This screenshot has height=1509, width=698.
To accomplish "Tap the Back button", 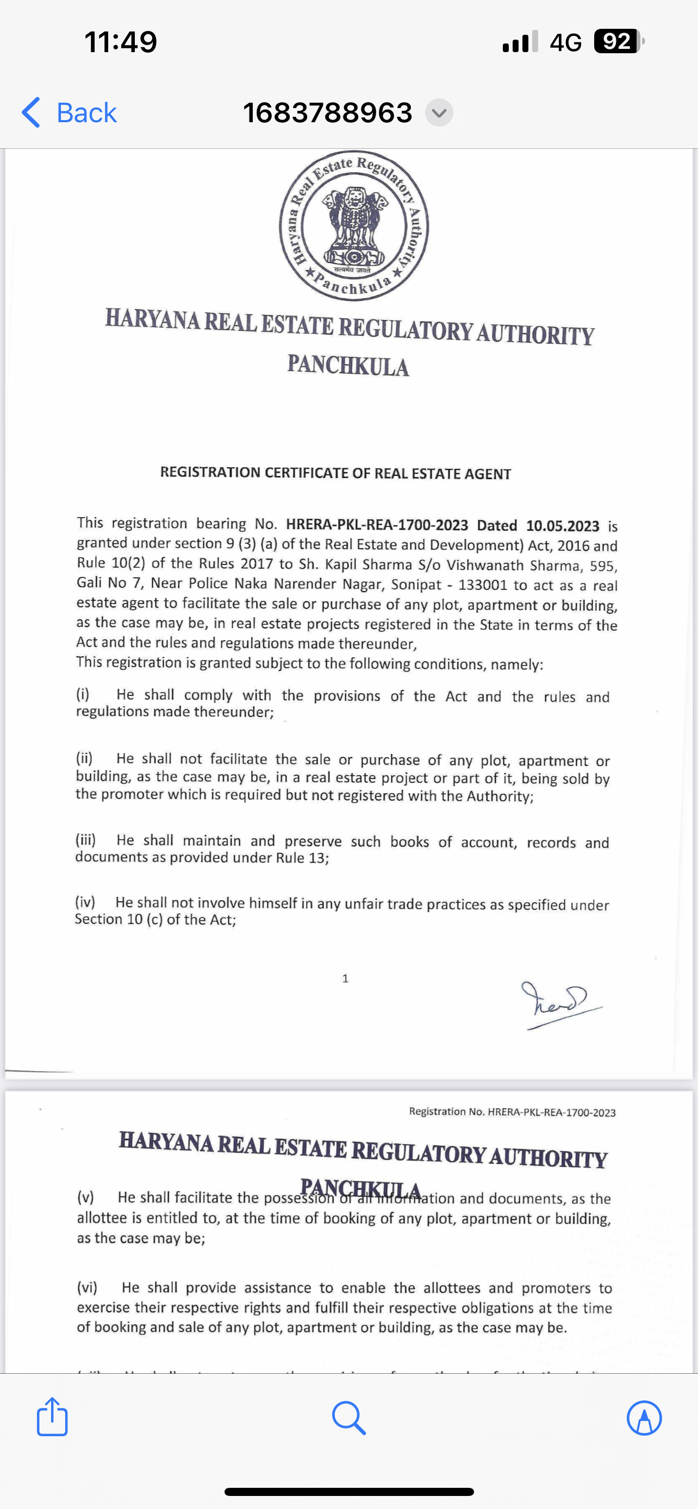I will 70,112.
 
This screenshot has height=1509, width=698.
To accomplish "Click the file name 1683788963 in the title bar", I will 328,112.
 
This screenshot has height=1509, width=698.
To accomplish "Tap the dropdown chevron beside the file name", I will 439,112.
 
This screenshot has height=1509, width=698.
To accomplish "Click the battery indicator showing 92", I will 618,42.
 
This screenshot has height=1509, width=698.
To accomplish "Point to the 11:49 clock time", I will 121,42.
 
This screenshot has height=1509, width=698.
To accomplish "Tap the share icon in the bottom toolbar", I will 52,1418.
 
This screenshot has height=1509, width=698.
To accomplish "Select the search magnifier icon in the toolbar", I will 348,1418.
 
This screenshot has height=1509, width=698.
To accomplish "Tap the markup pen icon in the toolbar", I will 644,1418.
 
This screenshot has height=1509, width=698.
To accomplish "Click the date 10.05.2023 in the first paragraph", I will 562,526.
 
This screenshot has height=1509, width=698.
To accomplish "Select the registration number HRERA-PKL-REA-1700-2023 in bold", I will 377,524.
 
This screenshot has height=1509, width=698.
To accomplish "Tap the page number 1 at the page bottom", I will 345,978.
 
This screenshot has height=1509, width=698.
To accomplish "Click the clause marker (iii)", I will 85,840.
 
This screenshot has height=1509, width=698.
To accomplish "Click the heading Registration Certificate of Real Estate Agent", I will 335,473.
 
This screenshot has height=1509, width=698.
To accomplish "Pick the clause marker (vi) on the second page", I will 88,1287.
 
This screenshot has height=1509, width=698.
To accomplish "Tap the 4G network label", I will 565,42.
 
